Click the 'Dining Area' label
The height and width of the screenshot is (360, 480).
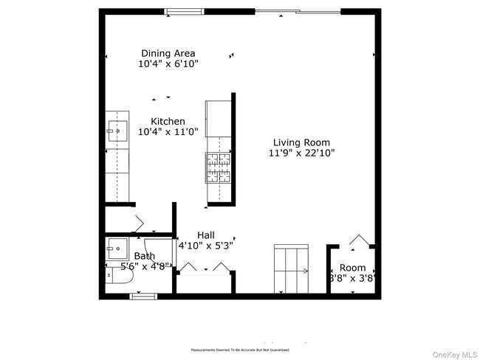pyautogui.click(x=168, y=53)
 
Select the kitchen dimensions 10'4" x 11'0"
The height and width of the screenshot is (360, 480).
pyautogui.click(x=168, y=133)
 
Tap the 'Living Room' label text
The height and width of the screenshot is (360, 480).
pyautogui.click(x=301, y=142)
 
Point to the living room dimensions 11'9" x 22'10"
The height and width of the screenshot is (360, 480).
pyautogui.click(x=301, y=153)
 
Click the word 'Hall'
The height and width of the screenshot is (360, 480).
pyautogui.click(x=206, y=235)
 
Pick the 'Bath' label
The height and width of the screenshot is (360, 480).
pyautogui.click(x=144, y=256)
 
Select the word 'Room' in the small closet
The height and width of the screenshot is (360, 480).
pyautogui.click(x=352, y=268)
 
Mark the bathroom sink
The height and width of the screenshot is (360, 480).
pyautogui.click(x=117, y=246)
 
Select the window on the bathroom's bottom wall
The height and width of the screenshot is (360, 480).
pyautogui.click(x=143, y=296)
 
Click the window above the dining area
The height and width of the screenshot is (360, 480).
pyautogui.click(x=185, y=11)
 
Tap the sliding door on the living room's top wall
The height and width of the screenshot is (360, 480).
pyautogui.click(x=298, y=11)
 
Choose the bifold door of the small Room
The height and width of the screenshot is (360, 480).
pyautogui.click(x=357, y=241)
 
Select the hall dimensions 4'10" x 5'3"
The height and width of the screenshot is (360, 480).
pyautogui.click(x=205, y=246)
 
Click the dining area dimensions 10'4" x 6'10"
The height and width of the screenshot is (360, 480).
pyautogui.click(x=168, y=64)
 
